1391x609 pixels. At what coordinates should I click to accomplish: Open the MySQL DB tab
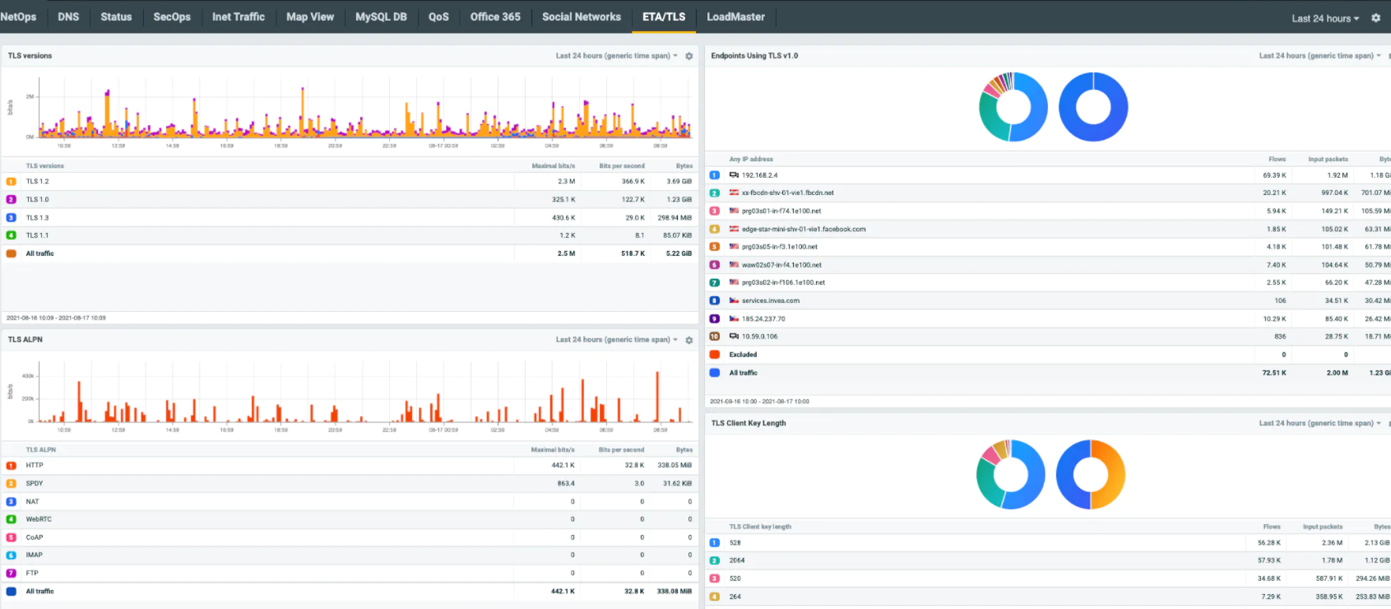pos(381,16)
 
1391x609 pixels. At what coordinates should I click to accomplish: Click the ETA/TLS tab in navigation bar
pos(663,16)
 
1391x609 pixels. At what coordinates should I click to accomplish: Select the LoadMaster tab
pos(735,16)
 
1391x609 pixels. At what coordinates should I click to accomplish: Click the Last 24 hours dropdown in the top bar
pos(1324,18)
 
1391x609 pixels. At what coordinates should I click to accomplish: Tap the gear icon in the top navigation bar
pos(1375,18)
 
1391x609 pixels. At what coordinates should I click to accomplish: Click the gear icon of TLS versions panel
pos(689,56)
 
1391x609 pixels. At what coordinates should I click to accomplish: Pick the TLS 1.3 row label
pos(37,217)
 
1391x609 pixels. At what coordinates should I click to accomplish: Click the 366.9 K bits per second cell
pos(633,181)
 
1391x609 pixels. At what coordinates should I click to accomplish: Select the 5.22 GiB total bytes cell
pos(679,253)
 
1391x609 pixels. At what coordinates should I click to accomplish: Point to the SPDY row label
pos(34,483)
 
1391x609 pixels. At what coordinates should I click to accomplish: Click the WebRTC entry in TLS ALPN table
pos(38,519)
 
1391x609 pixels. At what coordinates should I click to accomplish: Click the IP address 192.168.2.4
pos(759,175)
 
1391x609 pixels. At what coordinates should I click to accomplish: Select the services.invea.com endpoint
pos(770,300)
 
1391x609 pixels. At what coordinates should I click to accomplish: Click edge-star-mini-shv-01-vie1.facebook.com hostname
pos(803,229)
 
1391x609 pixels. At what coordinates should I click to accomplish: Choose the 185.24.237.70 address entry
pos(763,318)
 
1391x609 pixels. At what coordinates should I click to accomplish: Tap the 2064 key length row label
pos(736,560)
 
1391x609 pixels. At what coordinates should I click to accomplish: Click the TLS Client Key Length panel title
pos(748,423)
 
